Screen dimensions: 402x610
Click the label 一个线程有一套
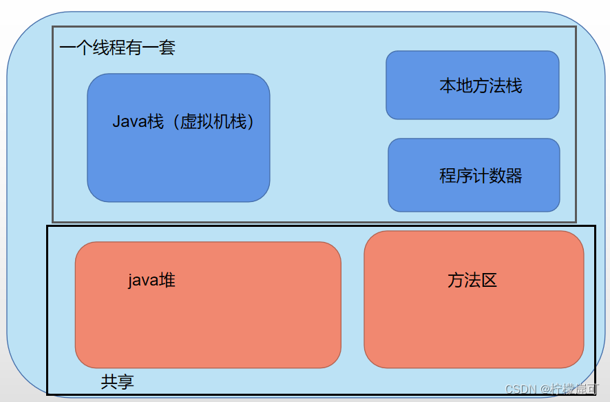[x=117, y=48]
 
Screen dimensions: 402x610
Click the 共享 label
[x=117, y=381]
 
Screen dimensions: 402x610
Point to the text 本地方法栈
[x=481, y=86]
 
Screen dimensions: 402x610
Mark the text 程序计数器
[x=481, y=175]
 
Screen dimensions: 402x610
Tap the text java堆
[x=151, y=281]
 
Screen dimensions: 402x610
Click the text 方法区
[x=472, y=280]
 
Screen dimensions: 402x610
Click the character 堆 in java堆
[x=167, y=281]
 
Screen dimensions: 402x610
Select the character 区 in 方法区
[x=489, y=280]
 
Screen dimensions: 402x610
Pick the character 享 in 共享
[x=125, y=381]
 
